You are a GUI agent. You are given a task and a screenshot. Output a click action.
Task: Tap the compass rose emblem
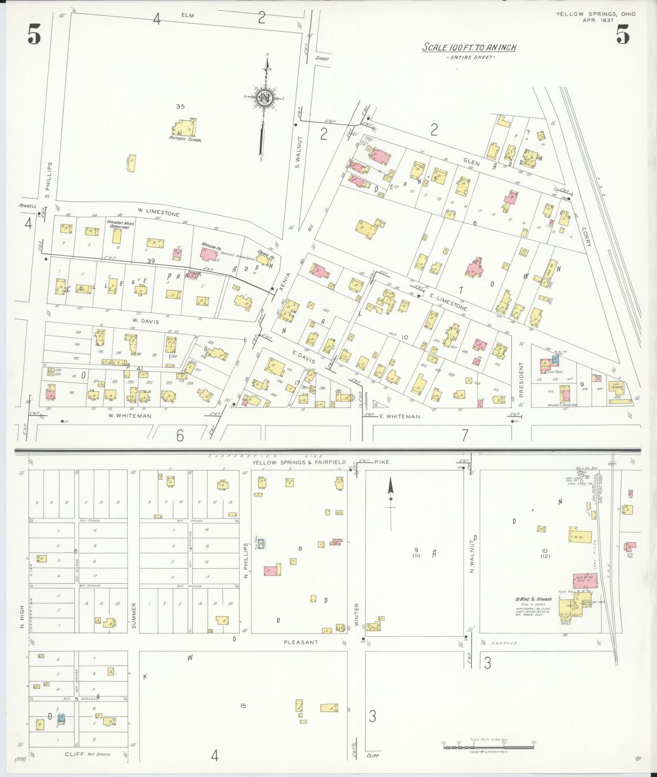point(264,98)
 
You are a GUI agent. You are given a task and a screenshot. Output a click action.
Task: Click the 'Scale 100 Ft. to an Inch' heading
point(469,48)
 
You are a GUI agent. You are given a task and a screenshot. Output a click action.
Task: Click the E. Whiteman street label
point(400,417)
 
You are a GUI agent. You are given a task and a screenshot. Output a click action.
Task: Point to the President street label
point(521,373)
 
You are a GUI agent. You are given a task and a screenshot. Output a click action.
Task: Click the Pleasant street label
point(301,642)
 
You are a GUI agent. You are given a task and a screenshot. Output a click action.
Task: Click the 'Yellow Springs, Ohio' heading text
point(596,14)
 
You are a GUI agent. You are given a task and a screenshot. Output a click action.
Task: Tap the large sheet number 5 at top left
point(34,34)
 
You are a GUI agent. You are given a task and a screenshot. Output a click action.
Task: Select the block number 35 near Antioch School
point(180,106)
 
